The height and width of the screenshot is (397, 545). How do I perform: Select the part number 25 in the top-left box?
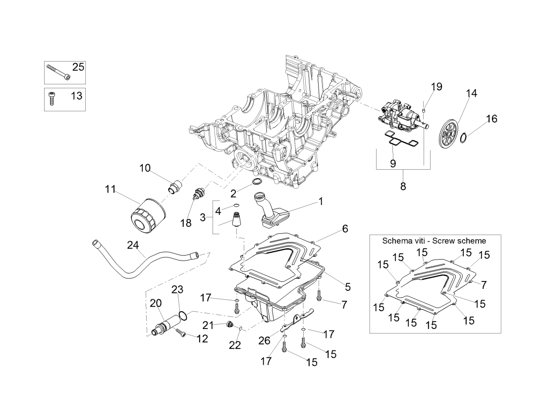tap(78, 67)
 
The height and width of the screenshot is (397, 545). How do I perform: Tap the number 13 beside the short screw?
tap(76, 95)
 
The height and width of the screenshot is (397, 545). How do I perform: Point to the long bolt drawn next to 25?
tap(58, 72)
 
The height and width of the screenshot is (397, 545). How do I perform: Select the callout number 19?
tap(436, 87)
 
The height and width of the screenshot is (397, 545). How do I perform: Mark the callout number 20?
tap(156, 303)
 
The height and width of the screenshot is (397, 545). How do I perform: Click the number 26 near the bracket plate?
tap(265, 340)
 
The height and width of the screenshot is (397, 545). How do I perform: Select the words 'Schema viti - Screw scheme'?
tap(434, 241)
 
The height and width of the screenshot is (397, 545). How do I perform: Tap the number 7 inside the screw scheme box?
tap(484, 285)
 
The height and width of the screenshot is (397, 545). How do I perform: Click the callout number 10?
tap(145, 168)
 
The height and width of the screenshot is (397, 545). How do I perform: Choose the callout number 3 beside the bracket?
tap(203, 217)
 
